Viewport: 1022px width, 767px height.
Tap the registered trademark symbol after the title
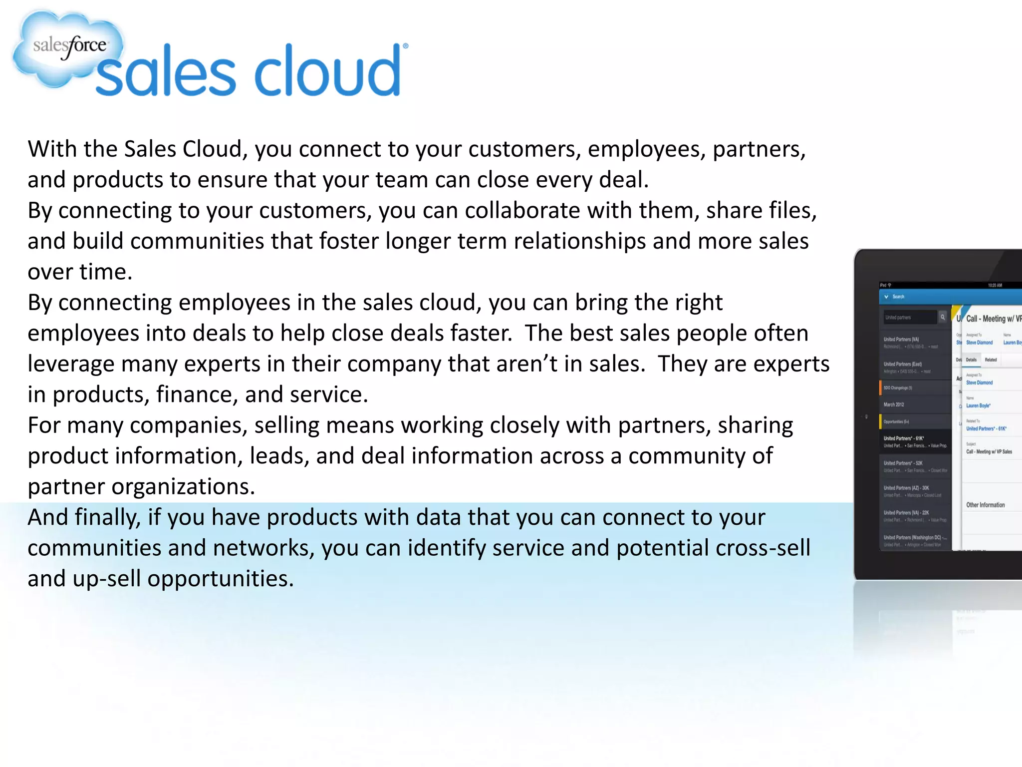pos(405,46)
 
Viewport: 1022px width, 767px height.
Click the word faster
pos(481,333)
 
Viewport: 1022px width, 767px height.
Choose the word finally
pos(107,518)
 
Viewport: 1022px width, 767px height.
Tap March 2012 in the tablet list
pos(894,404)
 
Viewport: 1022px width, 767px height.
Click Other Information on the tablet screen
pos(986,505)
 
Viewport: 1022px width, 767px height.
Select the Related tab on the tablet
pos(991,360)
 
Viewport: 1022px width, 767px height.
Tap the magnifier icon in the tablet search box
pos(942,317)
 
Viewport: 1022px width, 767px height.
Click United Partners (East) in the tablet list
pos(902,364)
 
